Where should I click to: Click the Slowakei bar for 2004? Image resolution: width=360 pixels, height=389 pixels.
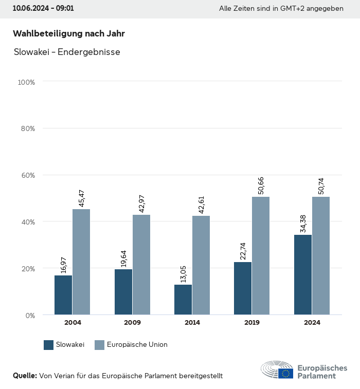(63, 295)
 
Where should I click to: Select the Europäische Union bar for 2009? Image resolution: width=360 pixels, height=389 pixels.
(141, 265)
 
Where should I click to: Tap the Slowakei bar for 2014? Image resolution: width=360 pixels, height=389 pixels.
(183, 300)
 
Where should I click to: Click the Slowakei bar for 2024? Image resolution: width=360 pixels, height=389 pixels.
(303, 274)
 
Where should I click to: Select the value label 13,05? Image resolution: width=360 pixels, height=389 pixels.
(184, 272)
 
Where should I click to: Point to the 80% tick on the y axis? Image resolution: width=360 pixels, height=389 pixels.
(27, 128)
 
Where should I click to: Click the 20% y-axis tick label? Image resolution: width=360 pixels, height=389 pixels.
(27, 268)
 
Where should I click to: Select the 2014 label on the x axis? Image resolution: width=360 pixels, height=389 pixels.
(192, 323)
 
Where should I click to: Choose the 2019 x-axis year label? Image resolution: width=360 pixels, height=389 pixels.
(252, 323)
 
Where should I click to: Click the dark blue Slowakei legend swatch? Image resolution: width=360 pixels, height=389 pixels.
(49, 345)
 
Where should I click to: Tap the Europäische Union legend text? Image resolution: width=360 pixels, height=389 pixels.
(137, 345)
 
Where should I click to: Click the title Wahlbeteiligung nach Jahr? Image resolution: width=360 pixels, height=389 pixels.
(69, 33)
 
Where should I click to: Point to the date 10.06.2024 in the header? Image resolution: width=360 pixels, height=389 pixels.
(30, 9)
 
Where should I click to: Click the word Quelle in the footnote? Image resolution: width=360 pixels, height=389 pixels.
(25, 376)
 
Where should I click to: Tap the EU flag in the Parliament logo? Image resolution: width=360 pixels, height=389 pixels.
(286, 373)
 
